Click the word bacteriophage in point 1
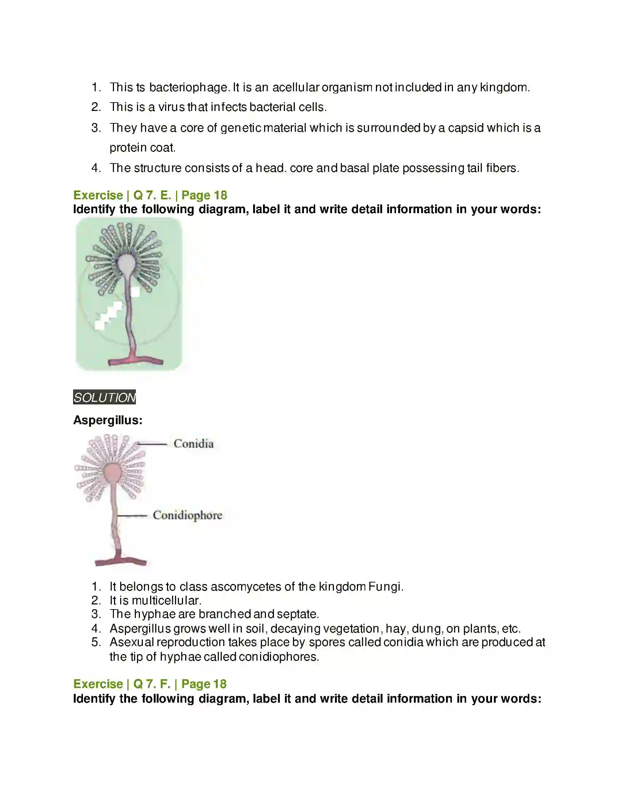(x=189, y=88)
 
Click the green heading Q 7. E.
(x=152, y=195)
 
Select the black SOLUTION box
(x=104, y=397)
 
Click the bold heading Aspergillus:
(x=108, y=420)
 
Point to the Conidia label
(x=194, y=444)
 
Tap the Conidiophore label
(x=187, y=515)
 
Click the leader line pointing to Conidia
(x=152, y=444)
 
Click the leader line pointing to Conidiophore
(x=133, y=516)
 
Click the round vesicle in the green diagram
(x=126, y=262)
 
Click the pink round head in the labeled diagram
(x=112, y=473)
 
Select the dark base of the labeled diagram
(x=121, y=561)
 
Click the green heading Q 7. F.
(x=152, y=684)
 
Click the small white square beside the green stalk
(x=136, y=292)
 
